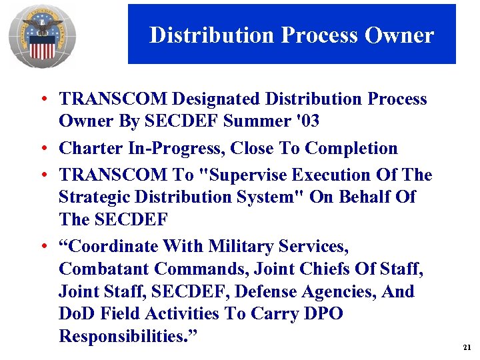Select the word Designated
pyautogui.click(x=217, y=99)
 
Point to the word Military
pyautogui.click(x=239, y=247)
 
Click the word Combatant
pyautogui.click(x=104, y=269)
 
